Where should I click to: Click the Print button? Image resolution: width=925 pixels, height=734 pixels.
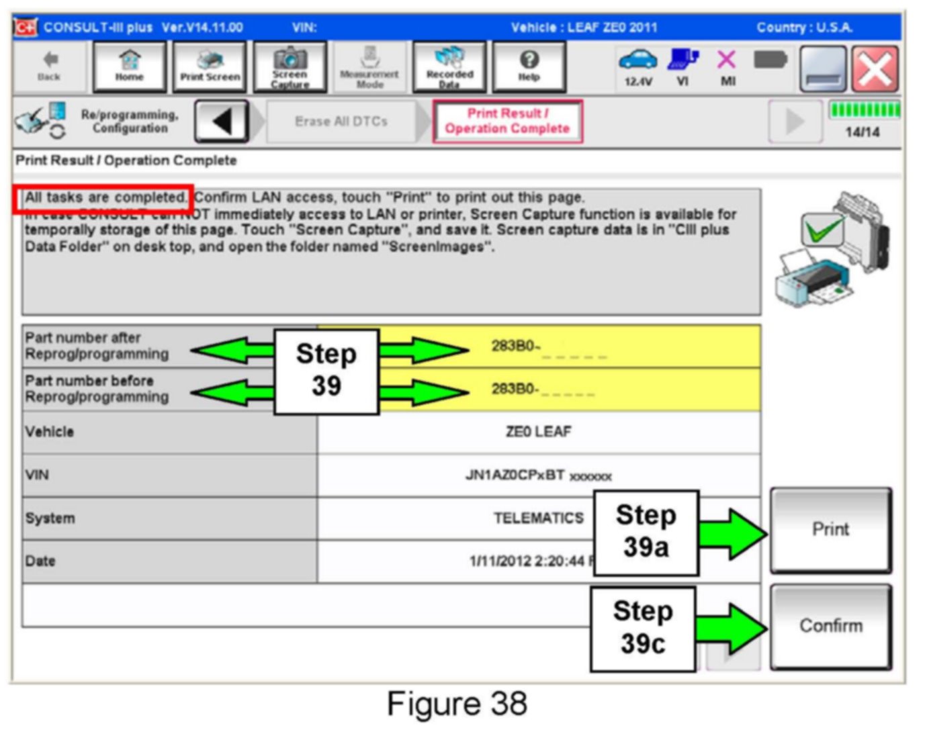tap(830, 530)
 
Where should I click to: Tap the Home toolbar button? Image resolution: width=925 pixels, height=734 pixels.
tap(129, 66)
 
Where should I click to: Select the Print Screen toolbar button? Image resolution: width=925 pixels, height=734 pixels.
tap(210, 66)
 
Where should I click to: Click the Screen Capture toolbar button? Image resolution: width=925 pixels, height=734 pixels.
tap(290, 66)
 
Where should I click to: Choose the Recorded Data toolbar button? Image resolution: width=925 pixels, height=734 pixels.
tap(449, 66)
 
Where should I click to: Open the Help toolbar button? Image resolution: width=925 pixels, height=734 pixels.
tap(529, 66)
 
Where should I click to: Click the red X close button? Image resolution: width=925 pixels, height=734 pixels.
tap(875, 69)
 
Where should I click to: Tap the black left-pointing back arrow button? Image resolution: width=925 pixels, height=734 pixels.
tap(222, 122)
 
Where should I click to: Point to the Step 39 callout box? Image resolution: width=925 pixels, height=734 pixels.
tap(326, 371)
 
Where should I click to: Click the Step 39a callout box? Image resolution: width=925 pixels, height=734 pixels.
tap(646, 532)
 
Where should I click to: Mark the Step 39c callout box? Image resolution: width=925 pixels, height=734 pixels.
tap(643, 628)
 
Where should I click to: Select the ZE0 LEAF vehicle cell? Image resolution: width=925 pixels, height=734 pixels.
tap(539, 432)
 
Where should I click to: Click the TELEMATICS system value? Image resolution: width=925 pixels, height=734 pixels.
tap(539, 518)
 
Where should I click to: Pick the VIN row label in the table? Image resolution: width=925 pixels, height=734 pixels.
tap(38, 475)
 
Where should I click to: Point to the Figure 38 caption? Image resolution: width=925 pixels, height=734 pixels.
tap(457, 704)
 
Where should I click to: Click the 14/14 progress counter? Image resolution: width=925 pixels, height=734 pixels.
tap(862, 132)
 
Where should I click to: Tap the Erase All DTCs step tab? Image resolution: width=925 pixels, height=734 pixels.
tap(341, 122)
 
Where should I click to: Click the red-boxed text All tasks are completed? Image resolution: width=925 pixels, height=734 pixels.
tap(104, 198)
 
